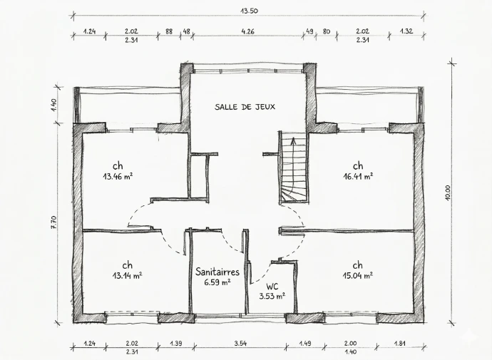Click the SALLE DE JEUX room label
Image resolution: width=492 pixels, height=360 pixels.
click(245, 107)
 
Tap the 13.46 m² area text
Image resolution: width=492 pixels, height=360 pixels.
click(118, 176)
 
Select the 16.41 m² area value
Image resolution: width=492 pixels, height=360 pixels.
click(358, 176)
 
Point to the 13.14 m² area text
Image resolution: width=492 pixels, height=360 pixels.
click(127, 276)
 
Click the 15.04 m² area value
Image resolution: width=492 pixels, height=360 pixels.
click(358, 276)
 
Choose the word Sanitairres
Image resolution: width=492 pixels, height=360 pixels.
click(217, 272)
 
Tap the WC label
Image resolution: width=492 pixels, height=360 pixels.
click(272, 287)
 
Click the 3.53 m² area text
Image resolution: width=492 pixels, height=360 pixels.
click(272, 296)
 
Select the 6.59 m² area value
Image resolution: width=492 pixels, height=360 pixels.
click(217, 282)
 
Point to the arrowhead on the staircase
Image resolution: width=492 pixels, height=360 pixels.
click(293, 140)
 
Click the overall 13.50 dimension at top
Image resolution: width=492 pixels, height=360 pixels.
click(249, 11)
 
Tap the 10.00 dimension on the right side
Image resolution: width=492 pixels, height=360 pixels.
click(448, 193)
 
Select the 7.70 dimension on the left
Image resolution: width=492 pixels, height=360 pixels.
click(53, 222)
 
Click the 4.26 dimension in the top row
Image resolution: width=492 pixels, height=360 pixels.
click(247, 31)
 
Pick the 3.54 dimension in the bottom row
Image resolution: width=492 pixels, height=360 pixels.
click(240, 344)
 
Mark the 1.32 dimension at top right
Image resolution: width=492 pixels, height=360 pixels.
click(406, 31)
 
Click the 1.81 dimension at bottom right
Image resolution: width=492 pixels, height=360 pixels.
click(400, 344)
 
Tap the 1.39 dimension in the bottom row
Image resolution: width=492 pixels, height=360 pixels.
click(175, 344)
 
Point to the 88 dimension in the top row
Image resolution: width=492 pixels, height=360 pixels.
click(169, 31)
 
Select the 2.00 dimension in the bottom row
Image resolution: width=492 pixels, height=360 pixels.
click(350, 344)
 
